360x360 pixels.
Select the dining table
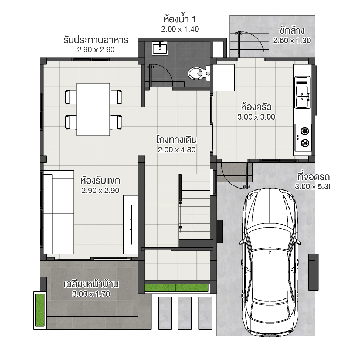click(93, 109)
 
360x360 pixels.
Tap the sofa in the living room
click(58, 212)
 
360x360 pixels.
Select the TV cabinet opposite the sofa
click(131, 225)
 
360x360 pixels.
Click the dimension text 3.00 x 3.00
click(256, 117)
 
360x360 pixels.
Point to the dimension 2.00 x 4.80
click(176, 150)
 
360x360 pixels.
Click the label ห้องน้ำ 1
click(179, 19)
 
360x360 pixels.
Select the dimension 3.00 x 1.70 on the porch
click(91, 294)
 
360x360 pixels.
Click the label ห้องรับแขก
click(100, 180)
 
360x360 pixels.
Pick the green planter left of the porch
click(40, 310)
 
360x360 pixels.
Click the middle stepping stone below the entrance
click(185, 309)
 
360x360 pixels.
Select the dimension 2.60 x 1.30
click(292, 40)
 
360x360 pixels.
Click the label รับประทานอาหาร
click(96, 40)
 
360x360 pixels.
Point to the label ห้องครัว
click(256, 107)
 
